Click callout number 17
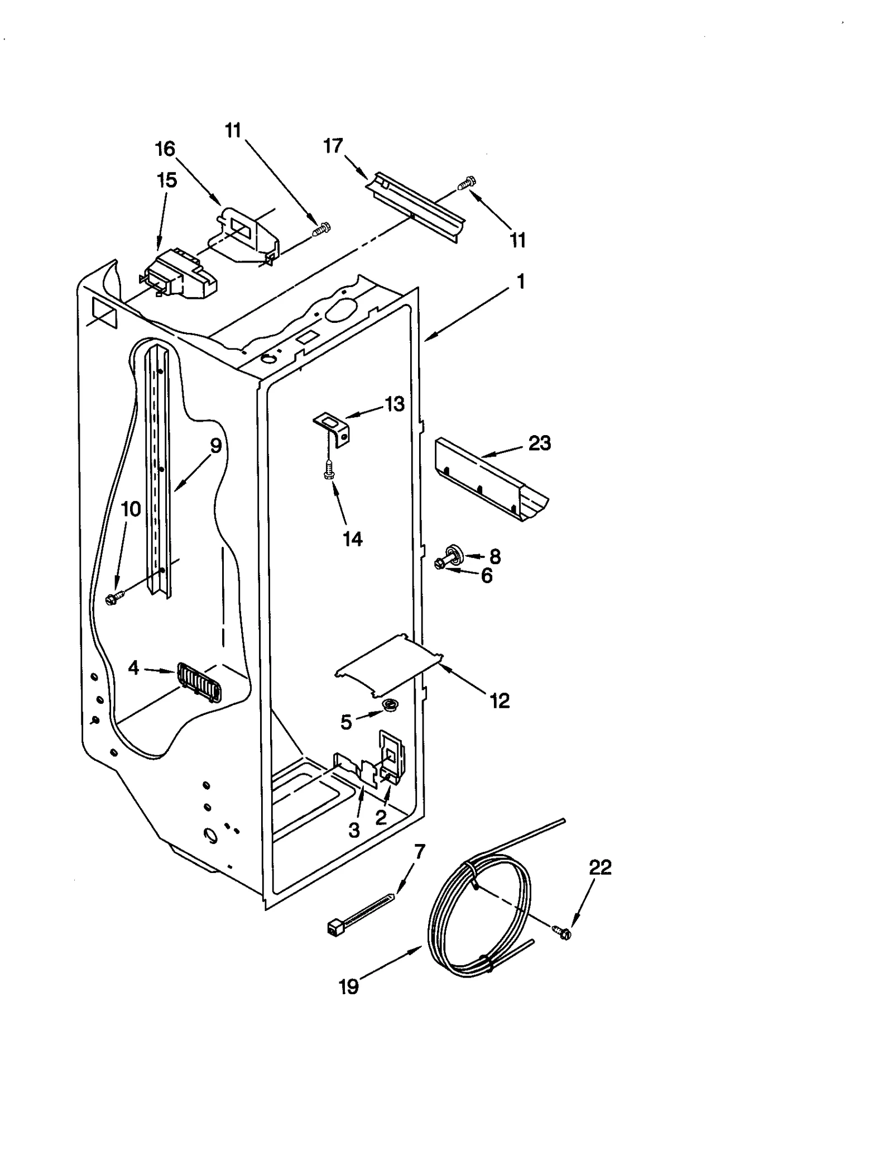tap(333, 146)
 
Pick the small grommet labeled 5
tap(389, 706)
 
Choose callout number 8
tap(494, 556)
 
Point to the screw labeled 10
tap(113, 599)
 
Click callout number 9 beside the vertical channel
tap(215, 446)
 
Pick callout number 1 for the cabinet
tap(520, 282)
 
